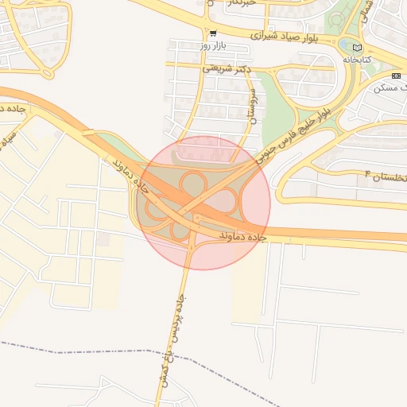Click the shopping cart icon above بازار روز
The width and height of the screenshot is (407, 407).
pyautogui.click(x=212, y=34)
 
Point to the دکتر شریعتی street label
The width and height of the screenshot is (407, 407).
pyautogui.click(x=227, y=69)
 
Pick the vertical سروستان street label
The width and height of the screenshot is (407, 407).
pyautogui.click(x=253, y=106)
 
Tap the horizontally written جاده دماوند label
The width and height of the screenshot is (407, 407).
pyautogui.click(x=236, y=236)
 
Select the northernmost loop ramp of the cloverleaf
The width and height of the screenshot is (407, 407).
pyautogui.click(x=193, y=184)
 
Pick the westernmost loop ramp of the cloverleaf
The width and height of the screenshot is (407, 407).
pyautogui.click(x=154, y=208)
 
